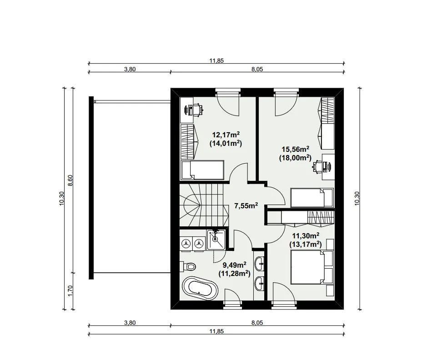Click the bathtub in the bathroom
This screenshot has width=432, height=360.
coord(200,288)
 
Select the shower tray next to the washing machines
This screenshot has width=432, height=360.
coord(216,240)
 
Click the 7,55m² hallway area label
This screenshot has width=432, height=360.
coord(246,205)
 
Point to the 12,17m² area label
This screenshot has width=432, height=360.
coord(226,135)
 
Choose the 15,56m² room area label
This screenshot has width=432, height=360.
coord(295,149)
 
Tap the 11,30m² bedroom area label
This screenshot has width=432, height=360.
coord(306,235)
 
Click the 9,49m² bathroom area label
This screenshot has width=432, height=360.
coord(235,265)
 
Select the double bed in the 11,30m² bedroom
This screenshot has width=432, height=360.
coord(312,267)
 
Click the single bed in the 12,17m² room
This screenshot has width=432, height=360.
coord(202,170)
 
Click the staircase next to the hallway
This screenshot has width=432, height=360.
coord(204,205)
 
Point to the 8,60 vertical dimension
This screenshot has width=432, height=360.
coord(70,180)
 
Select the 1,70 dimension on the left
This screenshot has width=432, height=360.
coord(70,290)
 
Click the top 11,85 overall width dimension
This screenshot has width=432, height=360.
coord(216,61)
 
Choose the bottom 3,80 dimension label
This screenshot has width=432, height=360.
coord(130,323)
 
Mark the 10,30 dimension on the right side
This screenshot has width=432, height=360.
coord(357,198)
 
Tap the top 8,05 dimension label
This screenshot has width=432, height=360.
coord(257,69)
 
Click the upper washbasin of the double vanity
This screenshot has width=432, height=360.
coord(259,264)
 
